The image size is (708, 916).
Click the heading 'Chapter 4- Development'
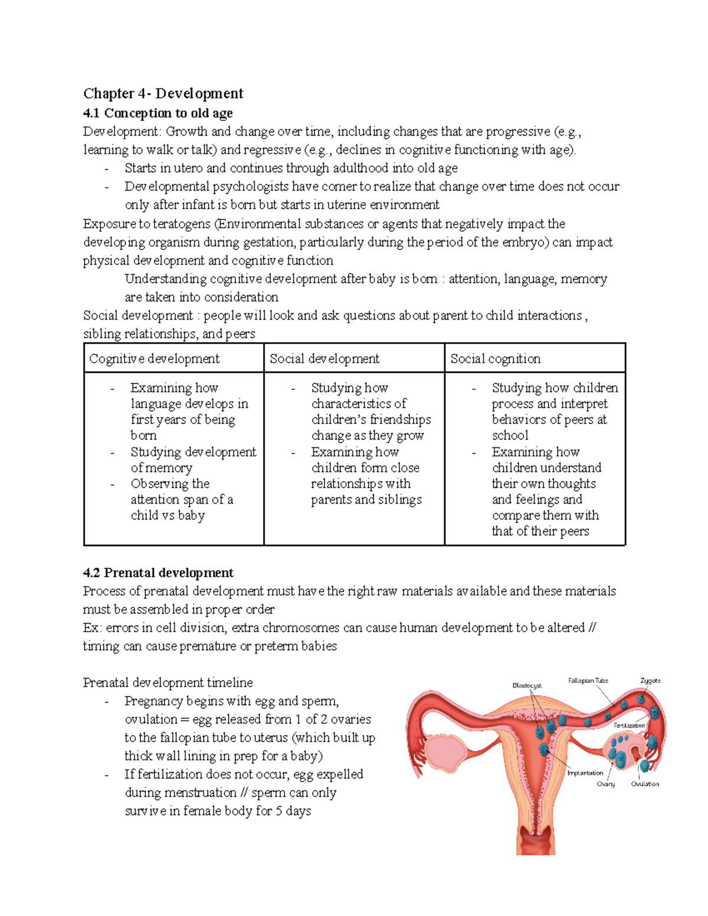[x=163, y=93]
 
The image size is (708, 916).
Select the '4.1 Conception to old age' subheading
[x=158, y=113]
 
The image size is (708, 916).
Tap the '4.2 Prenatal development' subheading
[x=158, y=573]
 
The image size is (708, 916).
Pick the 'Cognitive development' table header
[x=154, y=359]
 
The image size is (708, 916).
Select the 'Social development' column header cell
[x=324, y=359]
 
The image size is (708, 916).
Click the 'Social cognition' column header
[x=495, y=359]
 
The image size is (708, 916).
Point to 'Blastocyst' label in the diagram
[x=527, y=685]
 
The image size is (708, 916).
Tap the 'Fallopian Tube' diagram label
[x=588, y=681]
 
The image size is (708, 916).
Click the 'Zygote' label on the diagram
[x=650, y=681]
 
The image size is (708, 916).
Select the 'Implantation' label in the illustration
[x=585, y=773]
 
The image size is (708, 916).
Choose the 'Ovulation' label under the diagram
[x=645, y=784]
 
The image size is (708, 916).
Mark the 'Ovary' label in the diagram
[x=605, y=784]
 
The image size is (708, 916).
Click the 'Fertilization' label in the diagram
[x=629, y=725]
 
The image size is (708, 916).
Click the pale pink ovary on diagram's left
[x=444, y=753]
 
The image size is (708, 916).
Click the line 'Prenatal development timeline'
[x=168, y=682]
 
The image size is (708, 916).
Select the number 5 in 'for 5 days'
[x=279, y=811]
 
